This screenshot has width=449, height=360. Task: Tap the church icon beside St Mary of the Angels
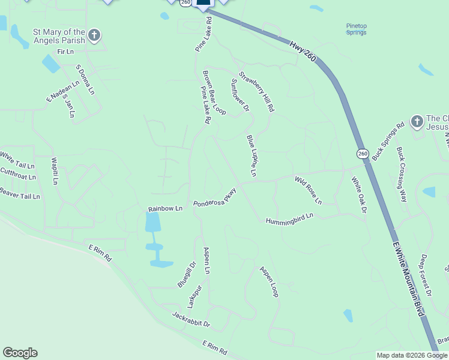point(94,35)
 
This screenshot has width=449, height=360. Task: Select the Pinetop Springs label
point(356,28)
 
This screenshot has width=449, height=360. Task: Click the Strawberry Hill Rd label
point(256,92)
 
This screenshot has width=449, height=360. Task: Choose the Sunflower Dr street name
point(240,95)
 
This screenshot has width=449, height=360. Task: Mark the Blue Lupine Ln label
point(251,156)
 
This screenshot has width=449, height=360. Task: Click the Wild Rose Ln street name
point(308,190)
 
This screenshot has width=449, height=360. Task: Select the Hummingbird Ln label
point(290,218)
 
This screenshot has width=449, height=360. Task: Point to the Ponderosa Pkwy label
point(215,198)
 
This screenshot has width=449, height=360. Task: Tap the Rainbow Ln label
point(165,209)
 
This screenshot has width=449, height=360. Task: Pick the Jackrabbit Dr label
point(191,319)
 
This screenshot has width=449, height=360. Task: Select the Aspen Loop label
point(268,281)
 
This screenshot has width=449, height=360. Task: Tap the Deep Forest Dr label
point(426,275)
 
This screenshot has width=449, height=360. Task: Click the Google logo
point(20,353)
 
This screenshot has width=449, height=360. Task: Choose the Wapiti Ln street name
point(55,171)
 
